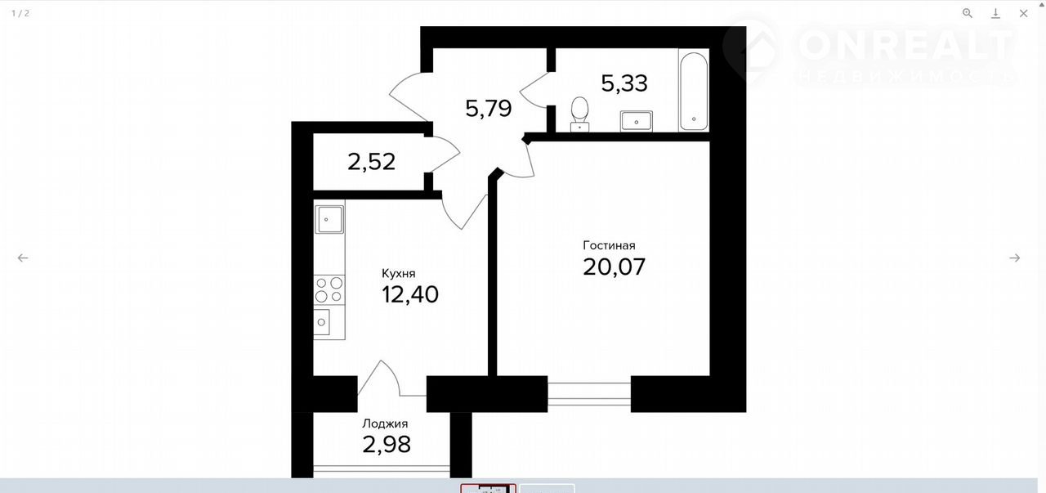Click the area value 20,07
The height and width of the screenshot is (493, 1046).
point(614,267)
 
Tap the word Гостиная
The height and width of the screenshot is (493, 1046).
point(609,245)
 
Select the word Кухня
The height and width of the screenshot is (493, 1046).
point(398,273)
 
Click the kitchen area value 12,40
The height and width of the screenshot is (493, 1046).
point(410,295)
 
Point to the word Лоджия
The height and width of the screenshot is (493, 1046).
point(385,424)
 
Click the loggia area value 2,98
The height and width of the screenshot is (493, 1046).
point(387,445)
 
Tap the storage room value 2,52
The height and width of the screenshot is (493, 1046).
point(371,162)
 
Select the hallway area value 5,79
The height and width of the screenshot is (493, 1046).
point(489,109)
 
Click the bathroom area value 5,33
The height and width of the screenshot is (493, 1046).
point(624,83)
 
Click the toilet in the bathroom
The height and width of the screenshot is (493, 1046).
point(580,114)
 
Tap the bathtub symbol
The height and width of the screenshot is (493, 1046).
point(694,91)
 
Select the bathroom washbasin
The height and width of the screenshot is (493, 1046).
point(636,121)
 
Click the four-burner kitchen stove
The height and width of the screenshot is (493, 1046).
point(329,289)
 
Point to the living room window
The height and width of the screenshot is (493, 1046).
point(589,394)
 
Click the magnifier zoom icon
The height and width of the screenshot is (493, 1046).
point(968,13)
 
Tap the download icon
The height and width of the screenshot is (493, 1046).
point(995,13)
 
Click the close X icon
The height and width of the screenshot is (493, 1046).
point(1024,13)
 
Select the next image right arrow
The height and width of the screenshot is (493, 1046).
point(1014,258)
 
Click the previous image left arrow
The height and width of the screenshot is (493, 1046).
point(23,258)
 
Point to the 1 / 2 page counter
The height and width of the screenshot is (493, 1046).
point(20,13)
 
